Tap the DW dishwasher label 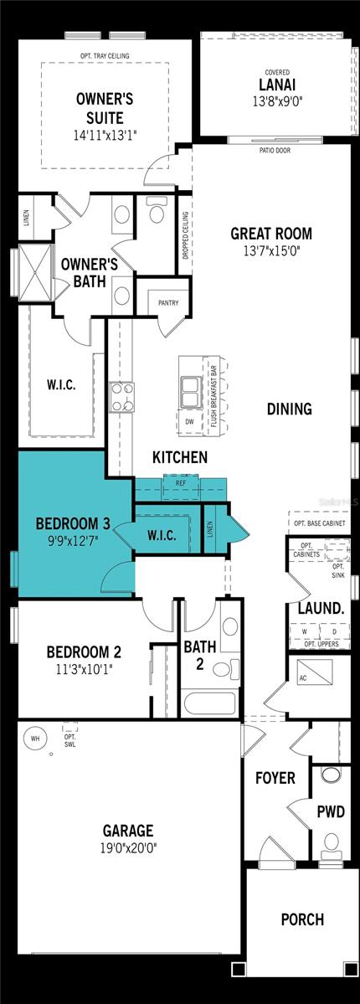(190, 421)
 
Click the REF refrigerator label (180, 483)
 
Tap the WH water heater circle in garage (35, 739)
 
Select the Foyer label (275, 778)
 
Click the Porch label (302, 919)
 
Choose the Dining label (289, 409)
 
